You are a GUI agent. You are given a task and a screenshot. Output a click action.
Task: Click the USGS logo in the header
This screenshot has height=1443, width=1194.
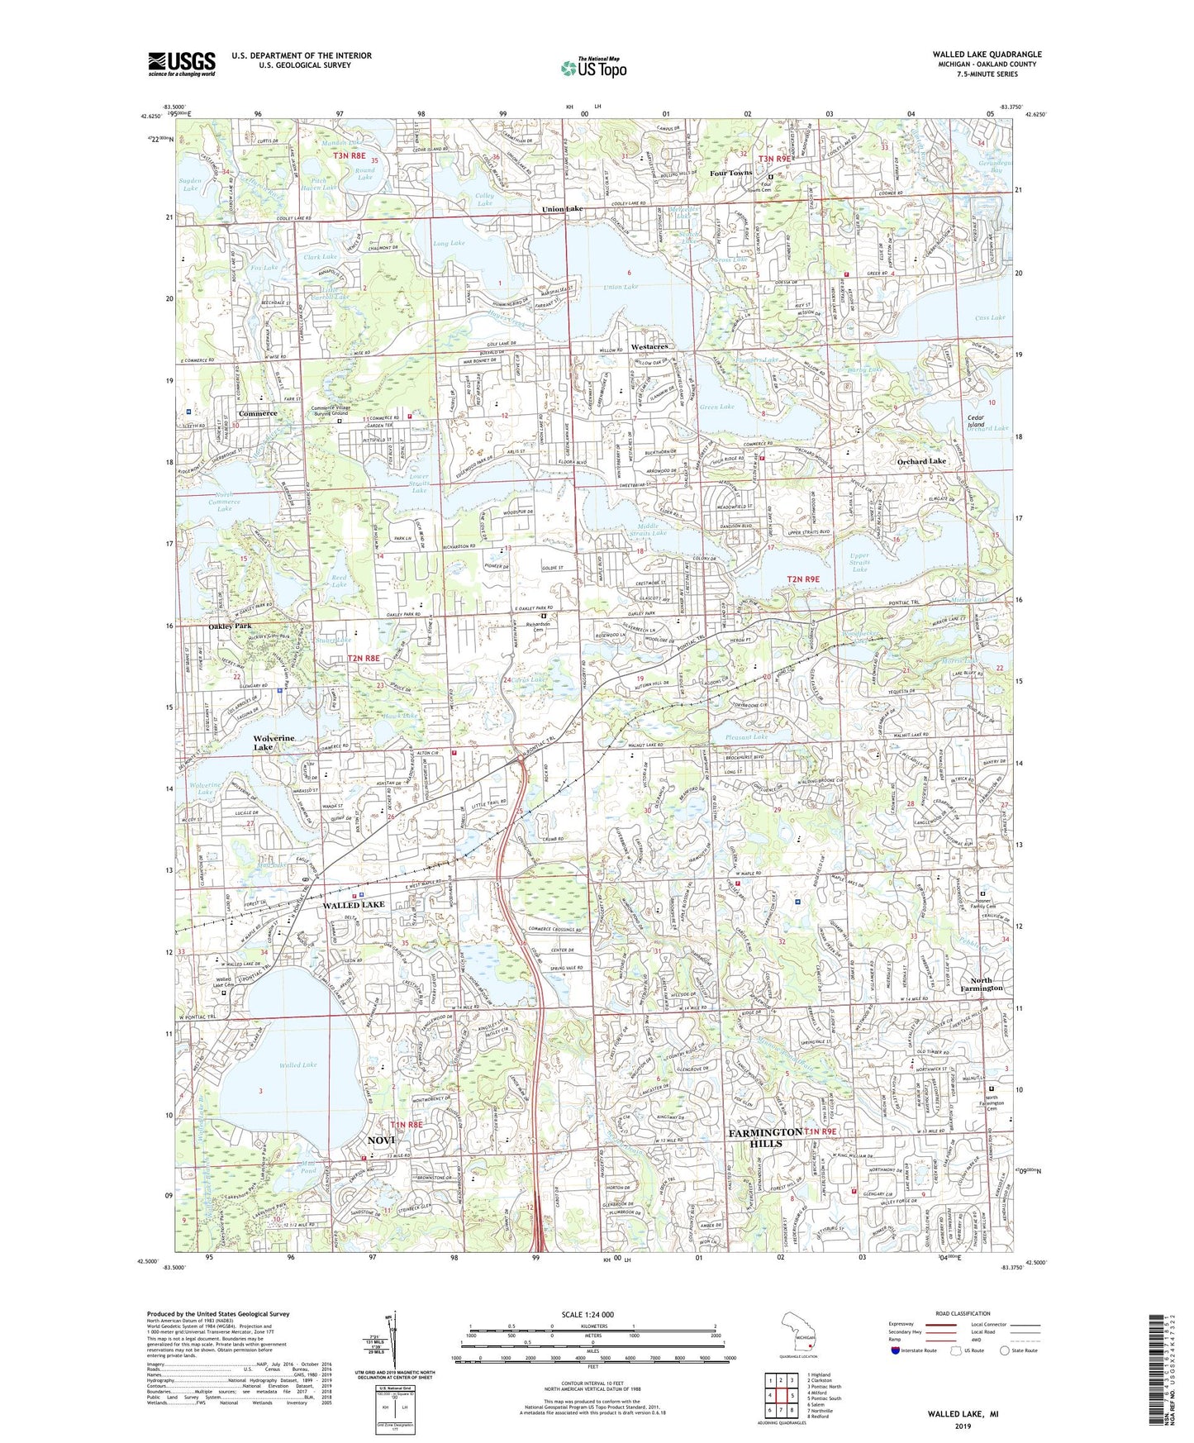[x=182, y=63]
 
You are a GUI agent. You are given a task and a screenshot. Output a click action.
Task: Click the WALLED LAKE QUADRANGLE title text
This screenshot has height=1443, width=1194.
[x=987, y=55]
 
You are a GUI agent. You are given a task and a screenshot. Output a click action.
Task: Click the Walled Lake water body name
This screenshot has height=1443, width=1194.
[x=297, y=1065]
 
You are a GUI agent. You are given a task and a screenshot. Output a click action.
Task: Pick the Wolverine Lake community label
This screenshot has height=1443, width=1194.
[x=274, y=742]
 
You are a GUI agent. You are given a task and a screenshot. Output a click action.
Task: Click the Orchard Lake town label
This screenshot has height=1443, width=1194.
[x=921, y=461]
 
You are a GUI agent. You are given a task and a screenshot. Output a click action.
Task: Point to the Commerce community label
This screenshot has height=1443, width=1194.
[x=258, y=413]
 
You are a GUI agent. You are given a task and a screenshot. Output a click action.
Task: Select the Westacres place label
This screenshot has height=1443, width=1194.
[x=649, y=346]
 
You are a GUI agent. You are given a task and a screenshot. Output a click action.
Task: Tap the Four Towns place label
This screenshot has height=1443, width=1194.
[x=731, y=173]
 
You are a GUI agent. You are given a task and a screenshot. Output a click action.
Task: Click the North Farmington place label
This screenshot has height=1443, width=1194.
[x=981, y=983]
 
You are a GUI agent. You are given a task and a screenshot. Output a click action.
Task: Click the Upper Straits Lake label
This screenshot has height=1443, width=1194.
[x=859, y=562]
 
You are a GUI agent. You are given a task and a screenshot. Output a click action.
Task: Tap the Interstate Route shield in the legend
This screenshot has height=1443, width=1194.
[x=897, y=1350]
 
